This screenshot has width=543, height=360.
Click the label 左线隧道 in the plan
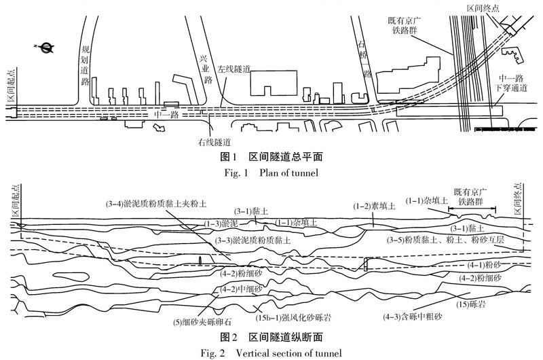pyautogui.click(x=234, y=69)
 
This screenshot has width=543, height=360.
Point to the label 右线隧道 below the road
pyautogui.click(x=214, y=142)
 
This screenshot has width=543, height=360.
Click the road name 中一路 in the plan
pyautogui.click(x=166, y=114)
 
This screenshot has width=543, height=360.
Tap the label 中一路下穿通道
pyautogui.click(x=510, y=84)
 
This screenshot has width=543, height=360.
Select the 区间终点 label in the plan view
pyautogui.click(x=484, y=8)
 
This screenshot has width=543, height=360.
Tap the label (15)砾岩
pyautogui.click(x=472, y=303)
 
